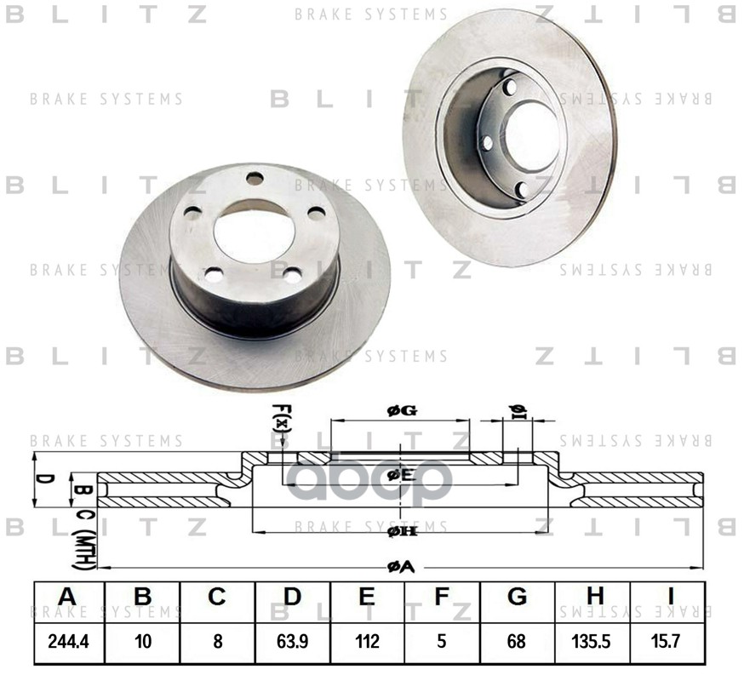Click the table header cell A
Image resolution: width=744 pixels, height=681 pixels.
click(67, 598)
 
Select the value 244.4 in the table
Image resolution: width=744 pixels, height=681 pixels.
click(68, 643)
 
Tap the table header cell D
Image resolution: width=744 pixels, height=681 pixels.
click(292, 598)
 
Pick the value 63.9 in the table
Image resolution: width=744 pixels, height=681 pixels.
click(292, 643)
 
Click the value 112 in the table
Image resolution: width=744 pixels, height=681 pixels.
click(367, 643)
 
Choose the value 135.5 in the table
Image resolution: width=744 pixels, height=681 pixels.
click(593, 643)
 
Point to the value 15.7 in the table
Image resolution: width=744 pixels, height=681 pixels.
click(667, 643)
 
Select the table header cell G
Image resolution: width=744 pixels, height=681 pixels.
click(517, 598)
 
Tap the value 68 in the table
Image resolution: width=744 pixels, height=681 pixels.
click(517, 643)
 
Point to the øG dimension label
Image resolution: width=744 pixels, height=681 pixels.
click(401, 411)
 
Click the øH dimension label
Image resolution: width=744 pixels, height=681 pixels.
click(401, 532)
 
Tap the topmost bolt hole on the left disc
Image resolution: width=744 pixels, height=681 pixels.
click(255, 178)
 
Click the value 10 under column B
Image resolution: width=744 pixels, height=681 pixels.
click(142, 643)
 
